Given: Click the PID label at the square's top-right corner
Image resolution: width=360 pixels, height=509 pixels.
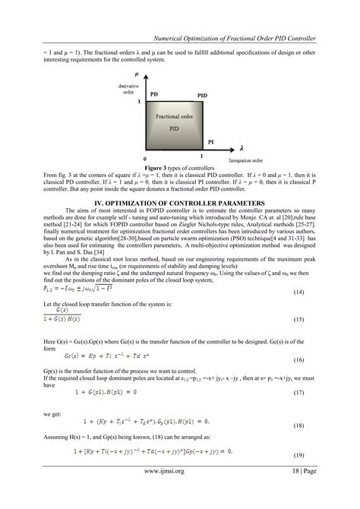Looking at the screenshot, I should tap(202, 97).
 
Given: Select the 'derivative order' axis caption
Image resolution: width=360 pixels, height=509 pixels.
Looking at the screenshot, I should tap(128, 91).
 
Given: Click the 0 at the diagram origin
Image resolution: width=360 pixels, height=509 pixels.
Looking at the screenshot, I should tap(144, 158).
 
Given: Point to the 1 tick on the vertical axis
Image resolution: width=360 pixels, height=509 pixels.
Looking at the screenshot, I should tap(139, 101).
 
